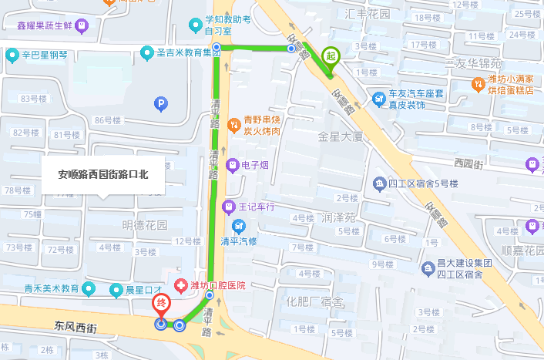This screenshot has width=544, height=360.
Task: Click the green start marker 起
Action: pos(331,56)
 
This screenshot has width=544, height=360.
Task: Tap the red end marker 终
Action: pos(161,304)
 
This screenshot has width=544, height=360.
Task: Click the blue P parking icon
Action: pos(160,103)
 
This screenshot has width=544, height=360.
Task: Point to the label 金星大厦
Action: pos(340,136)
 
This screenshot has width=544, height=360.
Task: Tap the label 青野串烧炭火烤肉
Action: pos(262,126)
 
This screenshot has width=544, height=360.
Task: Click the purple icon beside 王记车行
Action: pos(228,207)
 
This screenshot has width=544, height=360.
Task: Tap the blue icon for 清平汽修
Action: pos(239,225)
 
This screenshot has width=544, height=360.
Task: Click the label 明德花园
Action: pos(145,225)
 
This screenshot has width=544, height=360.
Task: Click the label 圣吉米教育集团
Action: pos(183,52)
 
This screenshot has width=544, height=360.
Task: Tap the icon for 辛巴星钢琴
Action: pos(12,55)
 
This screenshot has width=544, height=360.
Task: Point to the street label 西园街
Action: pos(468,163)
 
